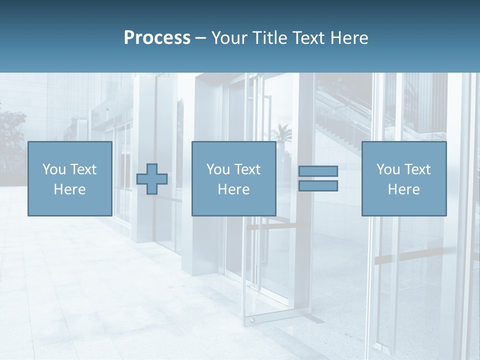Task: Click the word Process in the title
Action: pos(157,38)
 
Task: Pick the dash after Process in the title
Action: pos(201,38)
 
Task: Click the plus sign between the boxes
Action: pos(152,179)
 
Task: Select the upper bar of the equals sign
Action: pos(318,171)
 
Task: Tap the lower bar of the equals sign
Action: pos(318,186)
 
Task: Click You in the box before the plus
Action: pos(53,169)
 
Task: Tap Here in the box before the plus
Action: pos(69,189)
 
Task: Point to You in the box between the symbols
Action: pos(217,169)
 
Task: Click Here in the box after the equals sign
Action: pos(403,189)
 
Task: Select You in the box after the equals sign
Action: pos(387,169)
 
